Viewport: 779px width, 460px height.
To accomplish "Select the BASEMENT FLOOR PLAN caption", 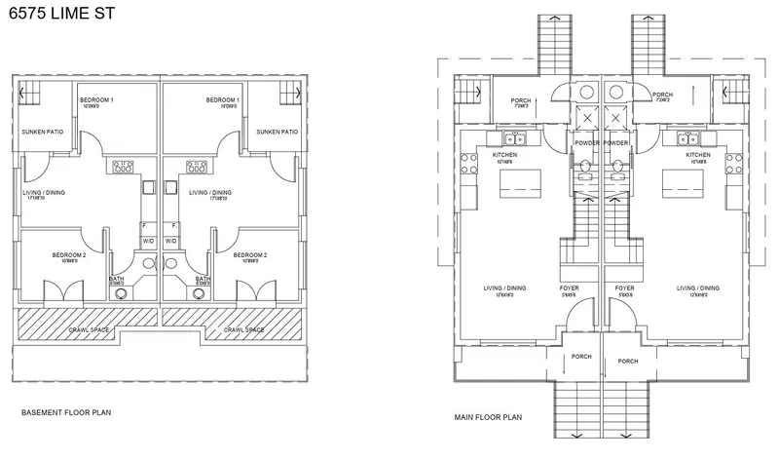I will [66, 413].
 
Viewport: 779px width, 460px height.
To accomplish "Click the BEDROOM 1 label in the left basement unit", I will [96, 100].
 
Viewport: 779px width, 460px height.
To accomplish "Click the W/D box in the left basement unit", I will [149, 240].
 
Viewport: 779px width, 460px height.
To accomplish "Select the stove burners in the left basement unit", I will [124, 166].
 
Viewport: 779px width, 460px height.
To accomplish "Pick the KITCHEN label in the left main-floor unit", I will [504, 155].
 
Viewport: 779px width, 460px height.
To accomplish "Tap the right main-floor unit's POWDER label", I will [616, 143].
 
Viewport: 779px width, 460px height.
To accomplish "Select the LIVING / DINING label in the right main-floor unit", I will [697, 287].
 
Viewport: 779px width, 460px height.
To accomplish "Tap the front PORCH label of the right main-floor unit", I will [627, 361].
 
